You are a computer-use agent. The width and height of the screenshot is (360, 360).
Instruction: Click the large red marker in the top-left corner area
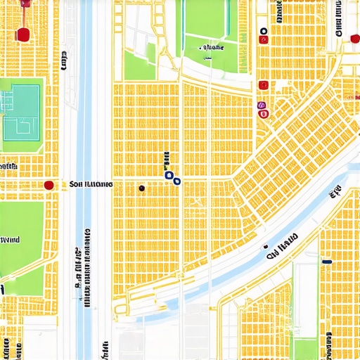click(22, 34)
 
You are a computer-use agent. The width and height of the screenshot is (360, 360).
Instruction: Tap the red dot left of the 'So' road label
click(49, 185)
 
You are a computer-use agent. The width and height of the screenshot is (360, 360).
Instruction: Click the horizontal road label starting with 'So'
click(91, 185)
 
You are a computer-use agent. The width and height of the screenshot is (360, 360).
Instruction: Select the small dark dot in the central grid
click(142, 188)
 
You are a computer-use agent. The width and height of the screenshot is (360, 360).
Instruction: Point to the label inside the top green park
click(211, 48)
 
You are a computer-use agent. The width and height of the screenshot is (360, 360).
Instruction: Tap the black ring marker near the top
click(263, 32)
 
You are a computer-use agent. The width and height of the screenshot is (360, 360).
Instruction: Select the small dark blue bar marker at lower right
click(326, 262)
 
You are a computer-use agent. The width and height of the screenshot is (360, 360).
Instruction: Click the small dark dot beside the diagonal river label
click(267, 248)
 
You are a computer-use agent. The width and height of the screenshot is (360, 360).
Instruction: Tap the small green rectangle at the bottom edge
click(304, 349)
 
